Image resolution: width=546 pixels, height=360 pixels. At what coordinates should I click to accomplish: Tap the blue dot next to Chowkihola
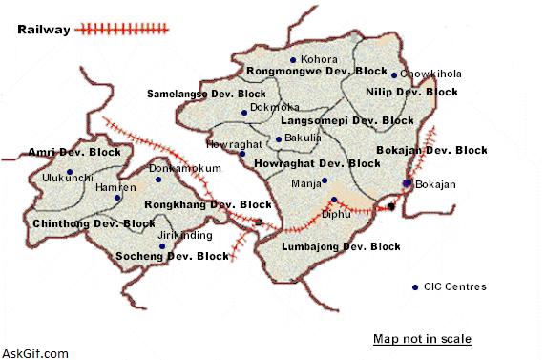[x=394, y=74]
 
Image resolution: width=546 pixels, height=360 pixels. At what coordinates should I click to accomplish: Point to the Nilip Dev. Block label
[x=411, y=93]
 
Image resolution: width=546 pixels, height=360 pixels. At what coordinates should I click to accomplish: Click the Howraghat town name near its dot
[x=227, y=144]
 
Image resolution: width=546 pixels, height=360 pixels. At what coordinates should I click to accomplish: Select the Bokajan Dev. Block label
[x=431, y=150]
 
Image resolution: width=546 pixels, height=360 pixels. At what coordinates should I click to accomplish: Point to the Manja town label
[x=304, y=180]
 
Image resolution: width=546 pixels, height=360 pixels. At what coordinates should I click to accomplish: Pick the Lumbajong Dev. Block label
[x=341, y=247]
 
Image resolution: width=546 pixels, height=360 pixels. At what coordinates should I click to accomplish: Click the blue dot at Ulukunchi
[x=70, y=172]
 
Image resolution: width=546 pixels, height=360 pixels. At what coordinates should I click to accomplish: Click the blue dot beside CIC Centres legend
[x=414, y=287]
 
